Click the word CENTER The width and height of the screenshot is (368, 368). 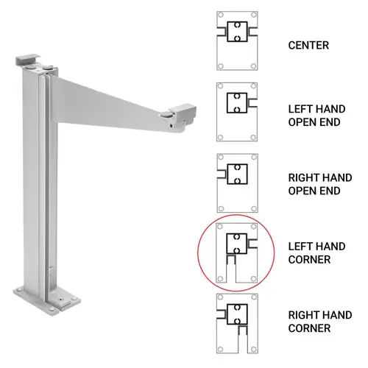[308, 46]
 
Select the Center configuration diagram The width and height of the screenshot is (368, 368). [237, 41]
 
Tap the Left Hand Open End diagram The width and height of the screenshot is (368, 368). [237, 112]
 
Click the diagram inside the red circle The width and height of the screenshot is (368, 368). [237, 253]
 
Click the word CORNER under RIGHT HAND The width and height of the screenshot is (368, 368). [309, 328]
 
